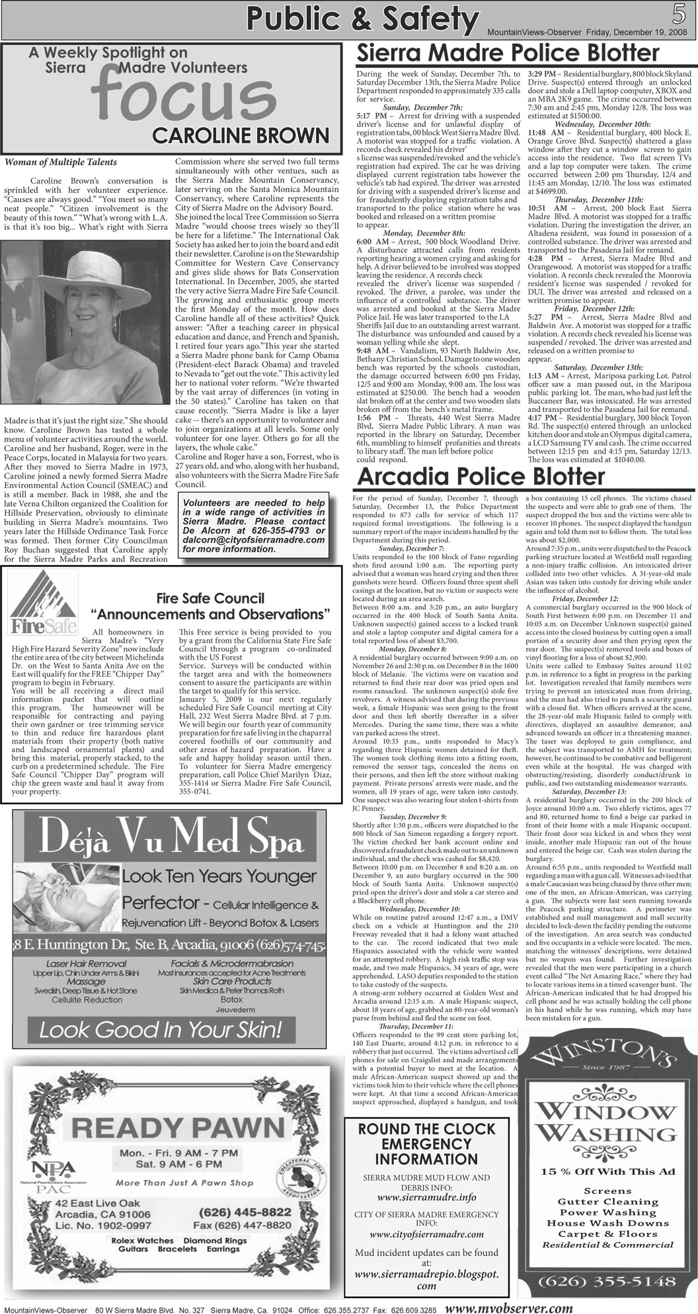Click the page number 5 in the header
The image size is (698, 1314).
[679, 14]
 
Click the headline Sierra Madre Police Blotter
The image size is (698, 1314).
[508, 53]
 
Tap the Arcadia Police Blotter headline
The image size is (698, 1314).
[481, 476]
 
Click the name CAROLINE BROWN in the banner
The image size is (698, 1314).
[240, 135]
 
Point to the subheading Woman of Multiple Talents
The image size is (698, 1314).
[61, 162]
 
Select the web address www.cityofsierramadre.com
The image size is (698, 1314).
[426, 1234]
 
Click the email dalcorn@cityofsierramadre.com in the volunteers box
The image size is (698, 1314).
[255, 539]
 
